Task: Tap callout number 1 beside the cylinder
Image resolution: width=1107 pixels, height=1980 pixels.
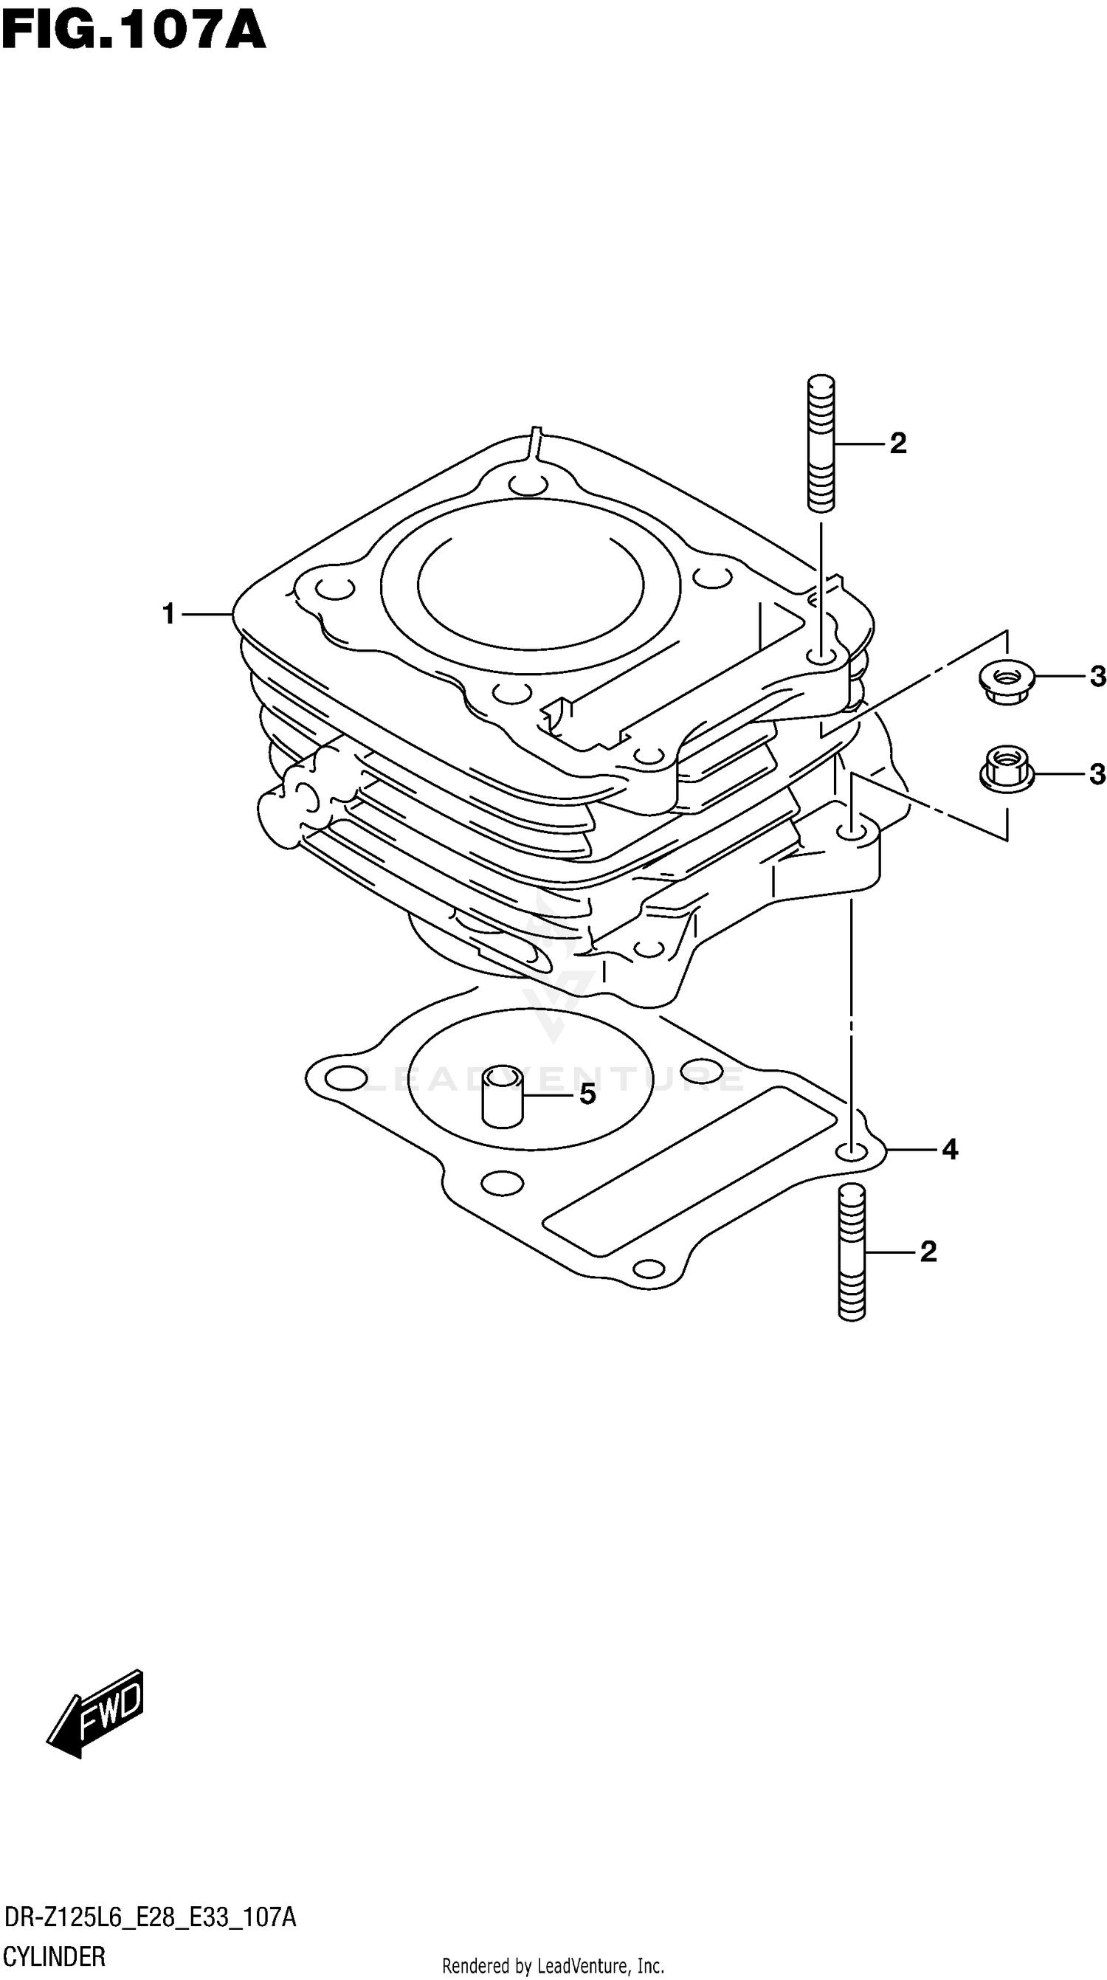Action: point(169,614)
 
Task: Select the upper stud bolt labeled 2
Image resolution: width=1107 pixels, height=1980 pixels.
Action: point(821,443)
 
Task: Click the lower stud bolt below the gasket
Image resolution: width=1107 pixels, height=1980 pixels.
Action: point(851,1252)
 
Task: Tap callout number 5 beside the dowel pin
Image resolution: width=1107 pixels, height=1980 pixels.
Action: point(587,1094)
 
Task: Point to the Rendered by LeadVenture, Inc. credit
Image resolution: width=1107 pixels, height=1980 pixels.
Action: point(553,1960)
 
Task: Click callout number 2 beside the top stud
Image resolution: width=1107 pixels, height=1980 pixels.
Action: point(898,444)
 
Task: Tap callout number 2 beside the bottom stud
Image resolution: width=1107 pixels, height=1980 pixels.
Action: point(928,1252)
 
